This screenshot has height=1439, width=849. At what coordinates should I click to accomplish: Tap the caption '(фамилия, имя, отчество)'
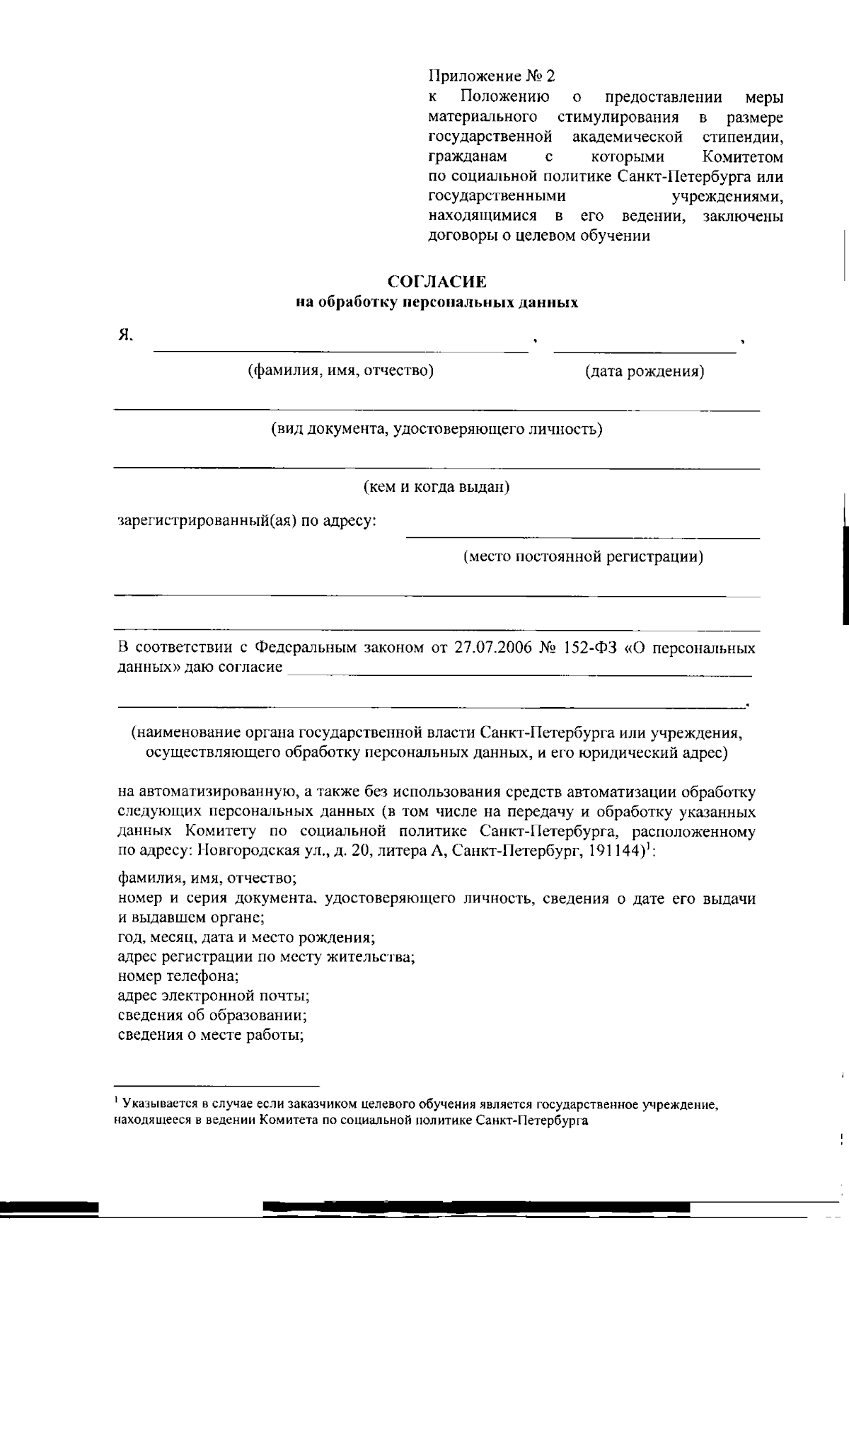click(340, 370)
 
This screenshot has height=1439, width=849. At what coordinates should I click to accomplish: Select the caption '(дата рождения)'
click(644, 371)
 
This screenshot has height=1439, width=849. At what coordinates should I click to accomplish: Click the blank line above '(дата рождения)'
click(645, 349)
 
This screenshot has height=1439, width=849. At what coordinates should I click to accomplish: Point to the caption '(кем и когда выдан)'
click(437, 487)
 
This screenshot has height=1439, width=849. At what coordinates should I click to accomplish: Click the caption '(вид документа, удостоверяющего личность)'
click(437, 429)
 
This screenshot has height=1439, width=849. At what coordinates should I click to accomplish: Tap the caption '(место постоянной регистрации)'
click(583, 556)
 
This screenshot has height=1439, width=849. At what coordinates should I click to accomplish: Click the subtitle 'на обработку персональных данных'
click(437, 303)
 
